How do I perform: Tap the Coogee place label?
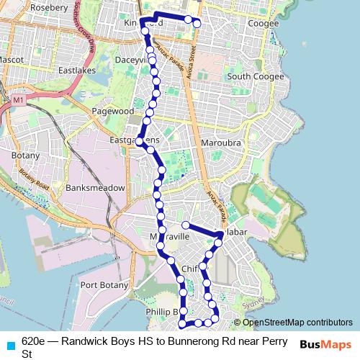point(262,24)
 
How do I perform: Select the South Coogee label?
point(248,76)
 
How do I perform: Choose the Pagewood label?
point(113,112)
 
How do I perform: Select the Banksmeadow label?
point(95,188)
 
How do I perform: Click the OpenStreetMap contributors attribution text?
point(298,323)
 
